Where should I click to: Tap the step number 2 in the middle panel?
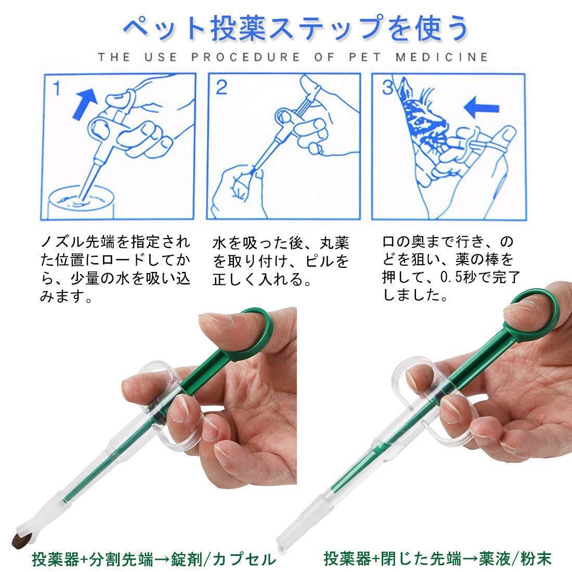pyautogui.click(x=222, y=87)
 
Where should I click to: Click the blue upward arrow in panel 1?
pyautogui.click(x=84, y=102)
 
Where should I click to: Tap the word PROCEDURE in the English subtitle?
pyautogui.click(x=245, y=57)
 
